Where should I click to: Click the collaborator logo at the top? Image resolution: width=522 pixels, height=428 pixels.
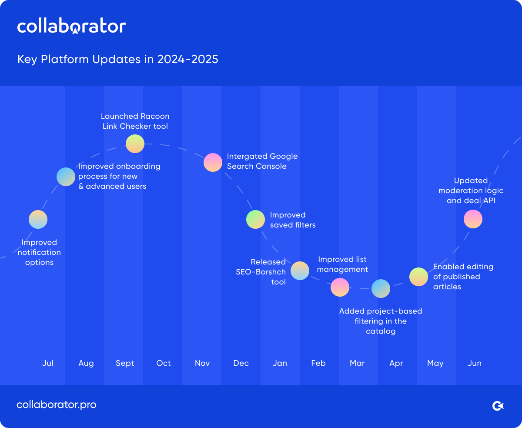pos(72,26)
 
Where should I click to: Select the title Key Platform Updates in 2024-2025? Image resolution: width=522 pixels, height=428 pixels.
pos(117,59)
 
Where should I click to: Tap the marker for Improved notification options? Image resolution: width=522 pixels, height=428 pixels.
pos(38,219)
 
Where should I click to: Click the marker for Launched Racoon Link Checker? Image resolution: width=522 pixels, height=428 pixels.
pos(135,144)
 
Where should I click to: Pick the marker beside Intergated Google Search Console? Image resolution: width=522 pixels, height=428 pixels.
pos(213,162)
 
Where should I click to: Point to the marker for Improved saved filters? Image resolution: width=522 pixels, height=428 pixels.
pos(255,219)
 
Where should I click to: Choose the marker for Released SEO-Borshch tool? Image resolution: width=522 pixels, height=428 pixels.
pos(300,271)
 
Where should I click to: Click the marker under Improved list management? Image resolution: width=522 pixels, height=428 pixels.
pos(340,287)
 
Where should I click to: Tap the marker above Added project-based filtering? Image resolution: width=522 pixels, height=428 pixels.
pos(381,288)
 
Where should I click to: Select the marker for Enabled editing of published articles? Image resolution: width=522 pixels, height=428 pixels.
pos(418,277)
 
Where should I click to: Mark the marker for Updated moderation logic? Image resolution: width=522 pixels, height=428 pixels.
pos(473,219)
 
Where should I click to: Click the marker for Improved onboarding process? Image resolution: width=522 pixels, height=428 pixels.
pos(66,177)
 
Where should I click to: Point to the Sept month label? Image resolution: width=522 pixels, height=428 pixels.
pos(125,363)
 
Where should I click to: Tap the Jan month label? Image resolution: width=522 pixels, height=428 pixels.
pos(280,363)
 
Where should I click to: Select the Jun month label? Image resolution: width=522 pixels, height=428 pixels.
pos(475,363)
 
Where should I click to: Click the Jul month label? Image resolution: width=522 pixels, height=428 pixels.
pos(48,363)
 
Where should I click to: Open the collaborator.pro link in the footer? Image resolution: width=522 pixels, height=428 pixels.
pos(57,405)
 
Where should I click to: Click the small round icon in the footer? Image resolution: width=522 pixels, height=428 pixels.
pos(498,406)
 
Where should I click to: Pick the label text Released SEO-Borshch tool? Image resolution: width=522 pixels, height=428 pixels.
pos(261,272)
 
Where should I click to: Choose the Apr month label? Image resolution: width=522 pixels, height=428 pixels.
pos(396,363)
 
